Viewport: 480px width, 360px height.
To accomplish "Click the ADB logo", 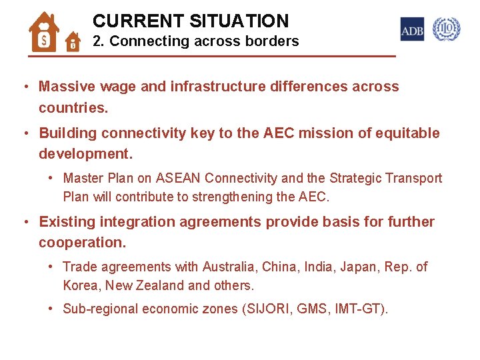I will coord(412,29).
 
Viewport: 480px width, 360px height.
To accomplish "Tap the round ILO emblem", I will coord(446,29).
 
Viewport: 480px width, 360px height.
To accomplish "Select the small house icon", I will coord(73,43).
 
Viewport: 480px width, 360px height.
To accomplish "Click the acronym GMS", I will coord(309,309).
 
